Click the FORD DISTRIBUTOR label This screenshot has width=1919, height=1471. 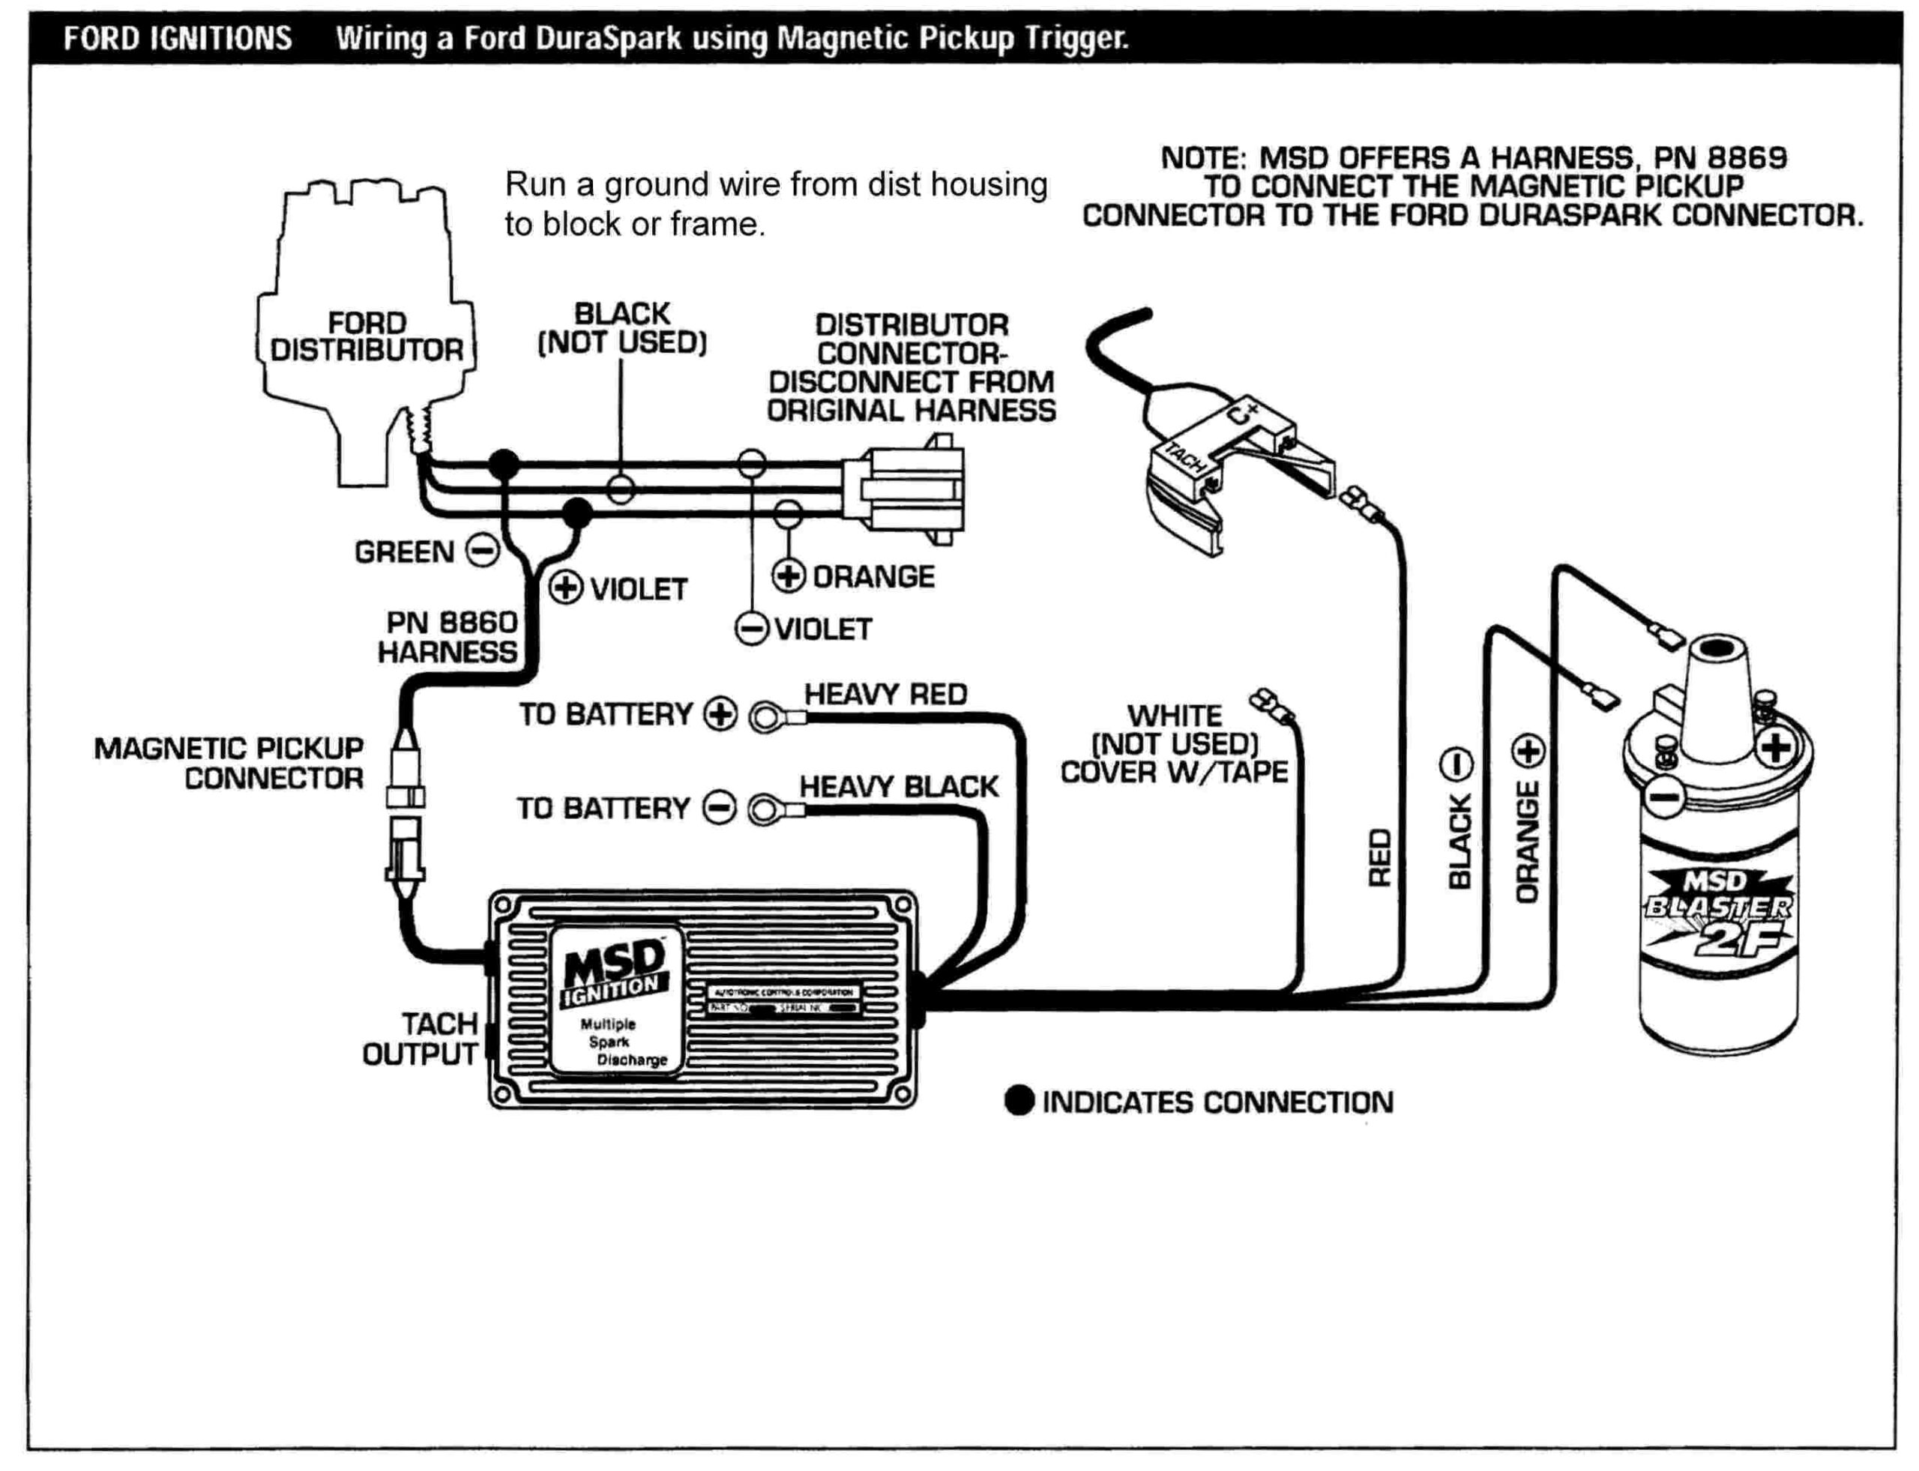point(366,336)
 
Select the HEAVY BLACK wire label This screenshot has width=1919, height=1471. point(898,787)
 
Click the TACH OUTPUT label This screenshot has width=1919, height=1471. point(421,1039)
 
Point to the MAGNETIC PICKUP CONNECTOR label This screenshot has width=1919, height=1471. point(229,763)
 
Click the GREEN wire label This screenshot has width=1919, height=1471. point(404,552)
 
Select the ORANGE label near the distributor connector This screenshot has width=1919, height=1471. point(873,577)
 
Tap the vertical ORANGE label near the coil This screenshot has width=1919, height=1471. point(1527,842)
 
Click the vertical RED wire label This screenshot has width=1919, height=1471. point(1379,858)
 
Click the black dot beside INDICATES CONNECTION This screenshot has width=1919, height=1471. point(1019,1102)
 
